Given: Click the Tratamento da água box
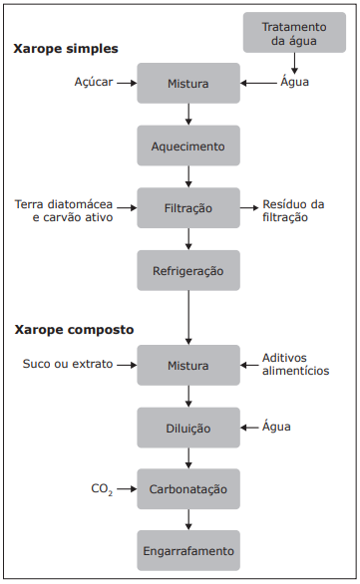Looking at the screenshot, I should [294, 32].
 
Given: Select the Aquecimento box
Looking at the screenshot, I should [188, 146].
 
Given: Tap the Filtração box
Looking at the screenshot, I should [188, 208].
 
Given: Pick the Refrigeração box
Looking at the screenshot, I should [188, 270].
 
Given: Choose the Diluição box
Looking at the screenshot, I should [188, 428].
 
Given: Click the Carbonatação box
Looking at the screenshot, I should [188, 489].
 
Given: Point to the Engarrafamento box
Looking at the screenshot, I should [188, 551].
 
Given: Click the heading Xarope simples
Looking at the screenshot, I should [66, 48].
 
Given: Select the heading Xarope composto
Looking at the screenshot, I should [74, 329].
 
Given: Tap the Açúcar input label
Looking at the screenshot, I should [94, 84].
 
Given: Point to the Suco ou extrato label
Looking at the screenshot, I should [69, 364].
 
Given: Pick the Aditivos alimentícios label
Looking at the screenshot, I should [295, 364].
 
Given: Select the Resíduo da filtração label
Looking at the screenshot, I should [293, 210].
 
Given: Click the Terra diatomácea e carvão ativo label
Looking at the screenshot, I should [64, 210].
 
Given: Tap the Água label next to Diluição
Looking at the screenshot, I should [276, 427].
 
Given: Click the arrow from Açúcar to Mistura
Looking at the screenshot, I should [125, 84].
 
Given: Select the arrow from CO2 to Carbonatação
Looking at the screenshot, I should [127, 489].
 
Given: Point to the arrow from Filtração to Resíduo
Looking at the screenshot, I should [248, 208].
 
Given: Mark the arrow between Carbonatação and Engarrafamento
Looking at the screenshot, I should [188, 519].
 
